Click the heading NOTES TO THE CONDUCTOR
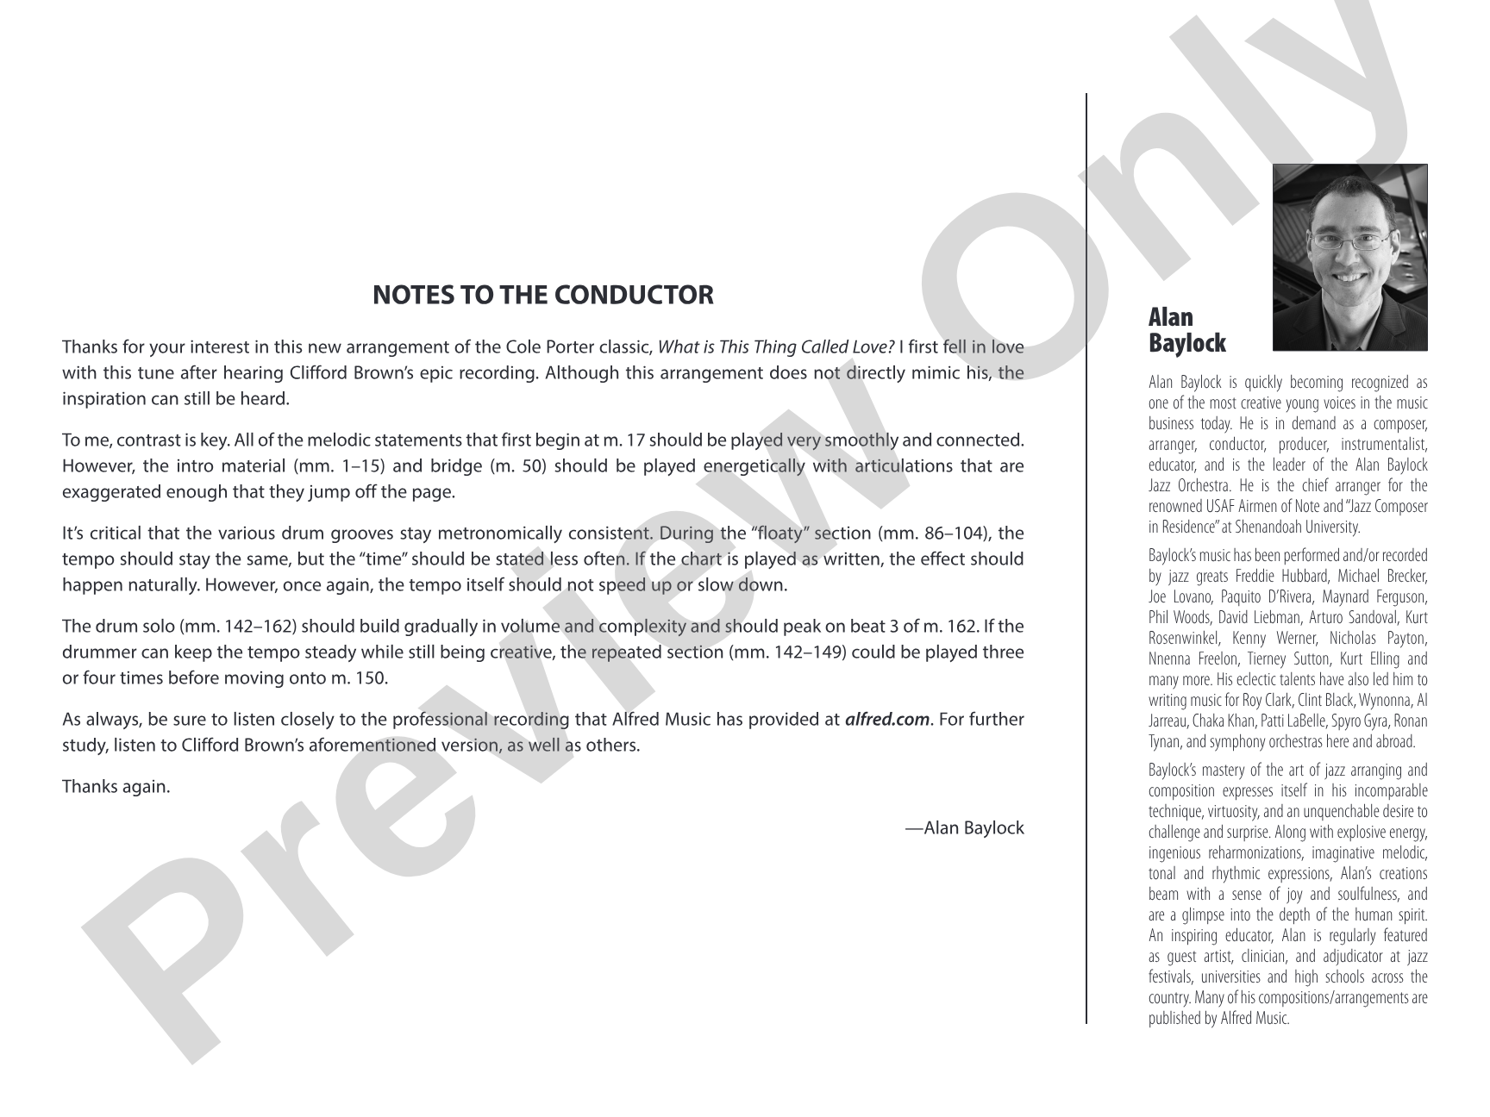pos(542,295)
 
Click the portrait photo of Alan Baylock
pos(1349,257)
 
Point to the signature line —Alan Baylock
pos(964,827)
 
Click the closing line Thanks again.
pos(116,786)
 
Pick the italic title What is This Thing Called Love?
pos(775,347)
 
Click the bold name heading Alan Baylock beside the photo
pos(1186,330)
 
